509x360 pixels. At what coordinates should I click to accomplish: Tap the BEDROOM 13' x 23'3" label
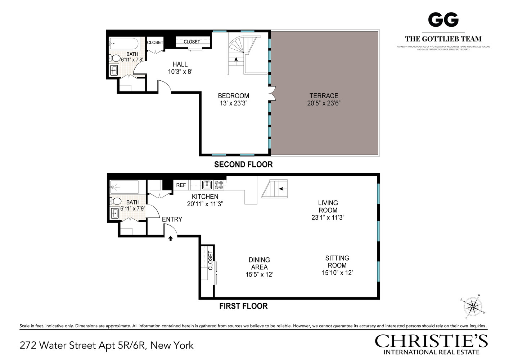point(233,99)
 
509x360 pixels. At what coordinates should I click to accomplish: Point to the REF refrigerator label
point(181,185)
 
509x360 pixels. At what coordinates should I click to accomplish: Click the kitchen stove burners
point(219,185)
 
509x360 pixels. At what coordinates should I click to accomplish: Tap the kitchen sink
point(207,185)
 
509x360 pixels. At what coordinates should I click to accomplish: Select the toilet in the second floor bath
point(115,58)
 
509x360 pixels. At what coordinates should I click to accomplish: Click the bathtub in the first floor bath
point(125,187)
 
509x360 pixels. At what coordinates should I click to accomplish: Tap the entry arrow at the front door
point(171,238)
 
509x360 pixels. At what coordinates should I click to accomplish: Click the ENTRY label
point(172,219)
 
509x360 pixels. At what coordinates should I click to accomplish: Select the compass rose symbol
point(473,307)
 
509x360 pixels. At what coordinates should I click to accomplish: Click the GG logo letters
point(443,20)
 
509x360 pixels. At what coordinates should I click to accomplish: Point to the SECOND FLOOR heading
point(243,165)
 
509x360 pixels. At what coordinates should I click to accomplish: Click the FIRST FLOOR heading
point(243,306)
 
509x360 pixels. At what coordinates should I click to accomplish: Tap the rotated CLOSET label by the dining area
point(211,260)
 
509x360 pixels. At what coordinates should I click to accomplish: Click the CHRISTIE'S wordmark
point(431,341)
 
